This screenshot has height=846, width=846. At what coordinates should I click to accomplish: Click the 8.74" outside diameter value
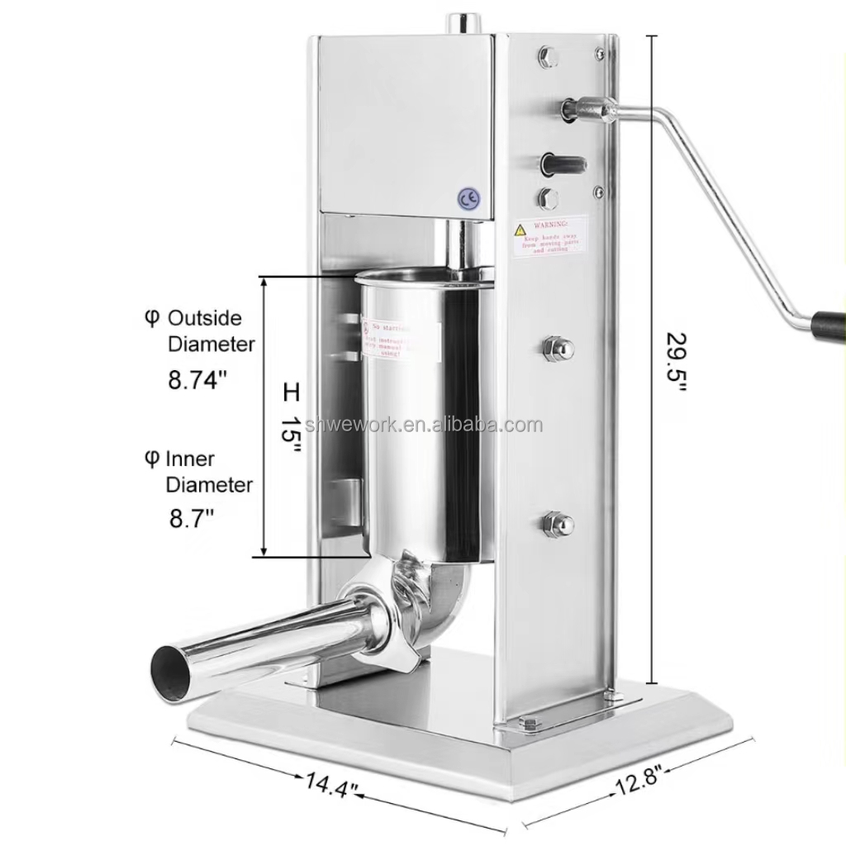(x=197, y=381)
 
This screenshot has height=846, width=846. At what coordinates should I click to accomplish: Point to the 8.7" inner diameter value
(x=192, y=519)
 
